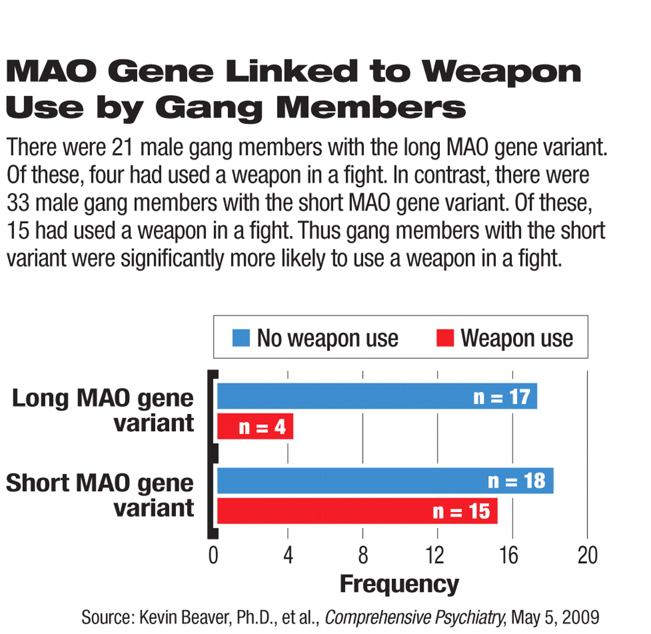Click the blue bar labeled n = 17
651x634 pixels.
point(377,396)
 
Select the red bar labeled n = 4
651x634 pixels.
point(255,426)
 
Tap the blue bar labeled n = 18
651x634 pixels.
point(386,481)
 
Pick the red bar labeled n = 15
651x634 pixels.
point(357,511)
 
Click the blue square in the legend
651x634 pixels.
point(241,338)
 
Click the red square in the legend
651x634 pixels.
point(445,338)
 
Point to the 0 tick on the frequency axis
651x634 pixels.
point(214,555)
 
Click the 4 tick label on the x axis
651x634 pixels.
point(288,555)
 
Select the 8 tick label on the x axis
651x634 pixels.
point(363,555)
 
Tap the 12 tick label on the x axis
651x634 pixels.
point(435,555)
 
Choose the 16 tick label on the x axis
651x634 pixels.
point(509,555)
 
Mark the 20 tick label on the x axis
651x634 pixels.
point(587,555)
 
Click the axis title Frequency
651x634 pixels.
point(399,585)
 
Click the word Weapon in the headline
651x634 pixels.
point(501,72)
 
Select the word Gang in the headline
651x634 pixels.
point(209,109)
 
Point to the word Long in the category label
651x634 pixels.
point(40,399)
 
